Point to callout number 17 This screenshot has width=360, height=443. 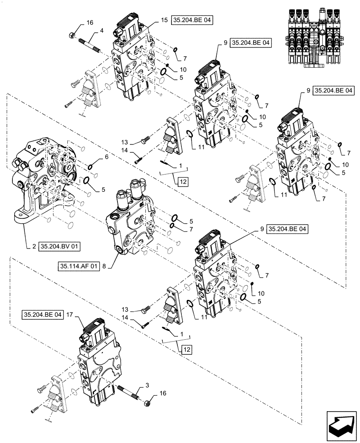(70, 315)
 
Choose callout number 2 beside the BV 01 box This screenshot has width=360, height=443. (34, 244)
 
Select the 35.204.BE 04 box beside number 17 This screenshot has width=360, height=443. (42, 315)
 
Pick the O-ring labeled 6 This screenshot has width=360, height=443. (90, 167)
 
